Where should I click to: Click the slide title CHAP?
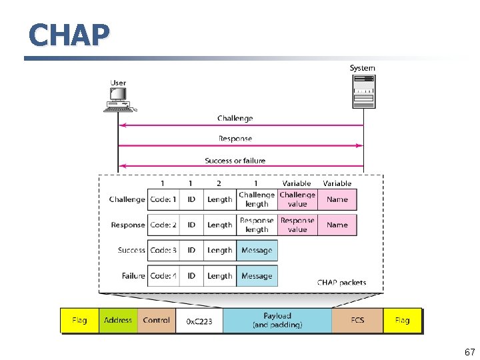click(x=69, y=35)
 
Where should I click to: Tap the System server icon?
click(x=363, y=91)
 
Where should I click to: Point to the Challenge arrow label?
click(x=235, y=119)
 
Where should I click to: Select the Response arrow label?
click(x=235, y=139)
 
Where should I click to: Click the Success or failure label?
click(x=235, y=161)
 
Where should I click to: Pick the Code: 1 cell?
click(x=163, y=199)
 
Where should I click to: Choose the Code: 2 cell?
click(x=163, y=225)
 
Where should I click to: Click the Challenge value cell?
click(x=297, y=199)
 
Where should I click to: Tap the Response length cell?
click(x=257, y=225)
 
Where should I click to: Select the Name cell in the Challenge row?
click(x=337, y=199)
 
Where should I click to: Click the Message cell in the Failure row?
click(x=257, y=276)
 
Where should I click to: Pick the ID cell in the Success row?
click(x=191, y=251)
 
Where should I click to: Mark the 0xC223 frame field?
click(x=199, y=321)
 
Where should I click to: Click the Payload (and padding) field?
click(x=277, y=320)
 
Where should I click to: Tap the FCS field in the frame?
click(x=357, y=320)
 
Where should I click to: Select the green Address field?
click(x=118, y=320)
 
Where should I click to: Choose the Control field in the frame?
click(x=157, y=320)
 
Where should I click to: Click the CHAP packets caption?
click(x=341, y=283)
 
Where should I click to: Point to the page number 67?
click(x=469, y=352)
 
